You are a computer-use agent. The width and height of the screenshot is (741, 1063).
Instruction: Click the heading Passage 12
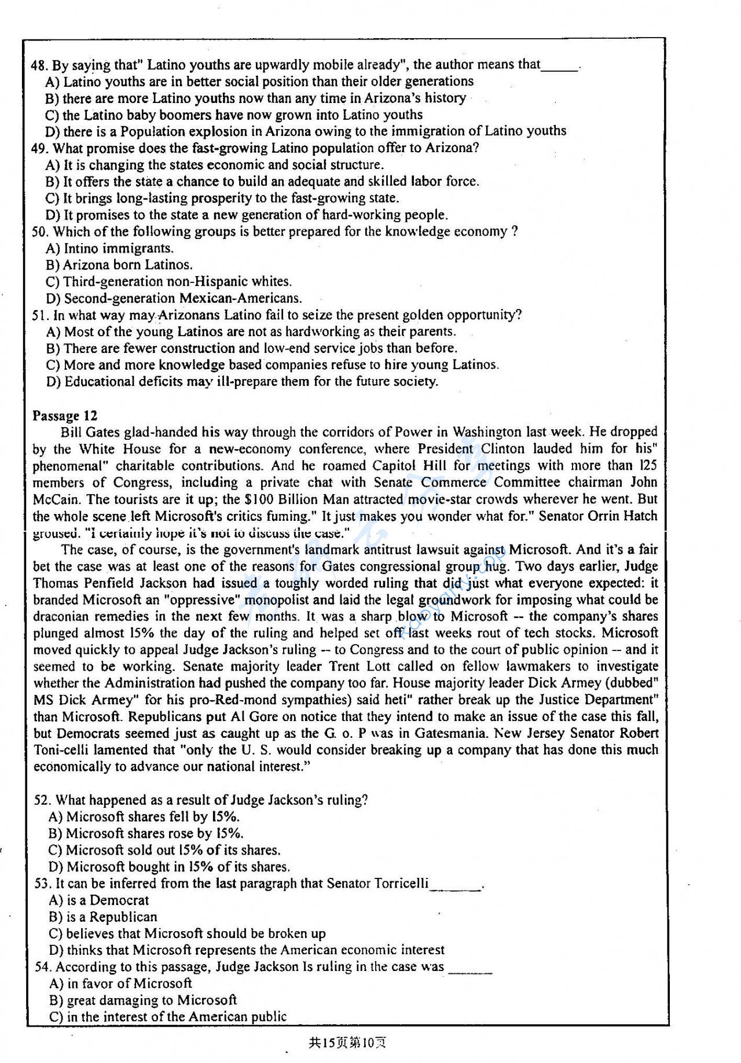coord(65,415)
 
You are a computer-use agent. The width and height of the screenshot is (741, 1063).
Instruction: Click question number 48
coord(40,65)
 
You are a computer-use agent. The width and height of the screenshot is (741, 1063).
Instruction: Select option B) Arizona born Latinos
coord(119,265)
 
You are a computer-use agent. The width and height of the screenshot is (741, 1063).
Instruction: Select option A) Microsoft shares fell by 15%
coord(144,816)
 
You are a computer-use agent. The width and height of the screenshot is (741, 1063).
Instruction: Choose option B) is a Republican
coord(103,917)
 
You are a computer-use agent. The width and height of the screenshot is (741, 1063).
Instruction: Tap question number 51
coord(41,315)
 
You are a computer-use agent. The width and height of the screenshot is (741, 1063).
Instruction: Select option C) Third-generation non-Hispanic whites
coord(168,282)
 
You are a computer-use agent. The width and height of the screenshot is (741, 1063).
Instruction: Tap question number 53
coord(43,884)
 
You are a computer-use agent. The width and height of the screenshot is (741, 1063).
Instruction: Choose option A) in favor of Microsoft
coord(120,983)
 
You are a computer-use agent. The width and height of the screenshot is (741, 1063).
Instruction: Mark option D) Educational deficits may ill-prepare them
coord(243,382)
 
